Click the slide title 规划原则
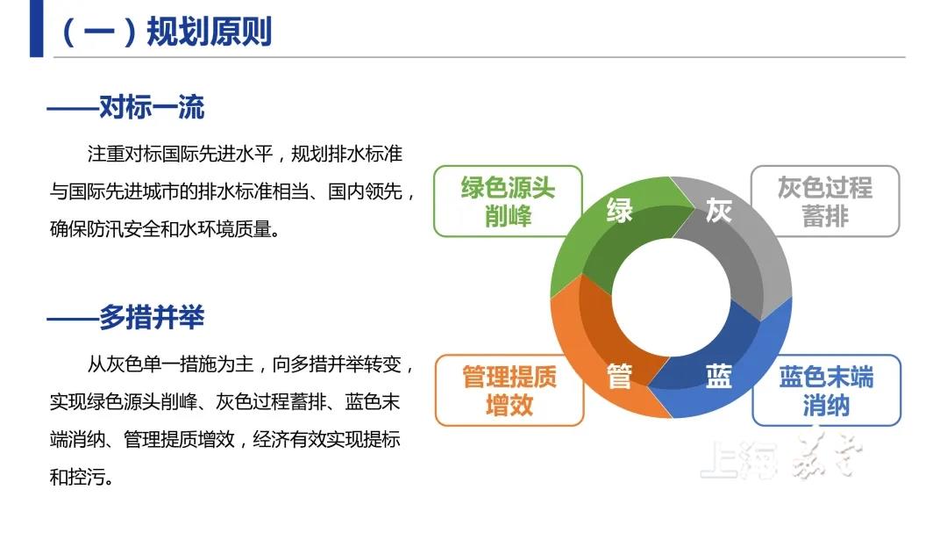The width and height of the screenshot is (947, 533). coord(210,32)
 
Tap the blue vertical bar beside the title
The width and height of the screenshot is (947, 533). coord(36,28)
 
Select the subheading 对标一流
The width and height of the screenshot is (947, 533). coord(152,107)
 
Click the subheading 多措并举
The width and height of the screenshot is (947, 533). coord(152,317)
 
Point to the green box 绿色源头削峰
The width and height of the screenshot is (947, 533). coord(508,201)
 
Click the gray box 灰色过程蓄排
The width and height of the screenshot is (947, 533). coord(825,201)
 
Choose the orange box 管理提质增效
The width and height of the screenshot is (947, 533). coord(509,390)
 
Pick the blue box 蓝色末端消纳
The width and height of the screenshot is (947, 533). coord(826,390)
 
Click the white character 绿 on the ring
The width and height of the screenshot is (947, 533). coord(620,211)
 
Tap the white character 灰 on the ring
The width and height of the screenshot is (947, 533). coord(719,211)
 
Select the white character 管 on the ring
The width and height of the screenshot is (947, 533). coord(620,376)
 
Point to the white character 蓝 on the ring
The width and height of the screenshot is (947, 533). coord(719,376)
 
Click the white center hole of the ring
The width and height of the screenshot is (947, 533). coord(671,297)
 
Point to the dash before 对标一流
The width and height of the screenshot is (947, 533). coord(73,109)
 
